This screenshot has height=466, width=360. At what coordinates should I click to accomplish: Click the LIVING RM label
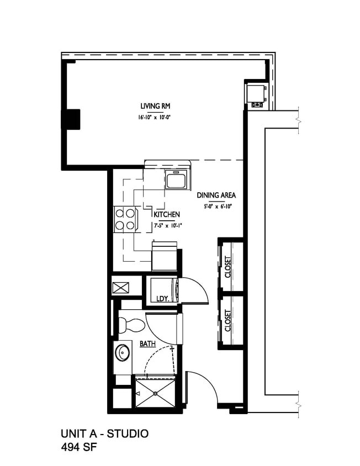pyautogui.click(x=154, y=106)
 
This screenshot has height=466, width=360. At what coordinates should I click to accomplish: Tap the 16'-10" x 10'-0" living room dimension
pyautogui.click(x=154, y=118)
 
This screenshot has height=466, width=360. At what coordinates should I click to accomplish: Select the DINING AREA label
pyautogui.click(x=216, y=195)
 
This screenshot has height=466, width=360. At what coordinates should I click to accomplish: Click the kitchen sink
pyautogui.click(x=177, y=180)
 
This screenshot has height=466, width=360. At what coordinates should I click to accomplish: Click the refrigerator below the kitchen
pyautogui.click(x=165, y=257)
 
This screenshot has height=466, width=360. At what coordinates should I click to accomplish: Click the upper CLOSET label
pyautogui.click(x=228, y=267)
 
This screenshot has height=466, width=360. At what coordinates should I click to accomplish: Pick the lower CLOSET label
pyautogui.click(x=228, y=321)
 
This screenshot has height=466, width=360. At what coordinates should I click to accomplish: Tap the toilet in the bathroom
pyautogui.click(x=130, y=324)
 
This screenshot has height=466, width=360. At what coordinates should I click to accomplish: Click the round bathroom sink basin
pyautogui.click(x=122, y=351)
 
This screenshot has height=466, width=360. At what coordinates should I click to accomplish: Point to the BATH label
pyautogui.click(x=147, y=343)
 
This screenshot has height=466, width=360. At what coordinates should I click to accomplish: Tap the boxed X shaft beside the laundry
pyautogui.click(x=120, y=287)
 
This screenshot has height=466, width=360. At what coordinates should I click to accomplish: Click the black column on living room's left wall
pyautogui.click(x=72, y=118)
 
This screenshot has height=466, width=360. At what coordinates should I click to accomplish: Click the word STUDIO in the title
pyautogui.click(x=128, y=434)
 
